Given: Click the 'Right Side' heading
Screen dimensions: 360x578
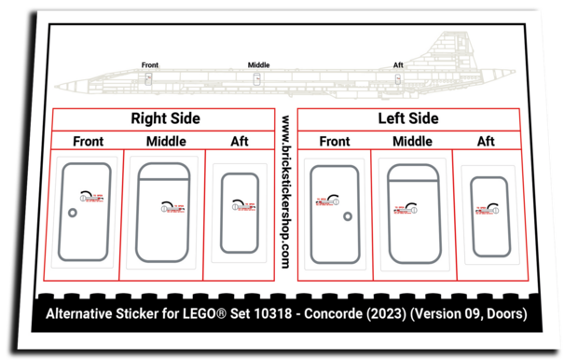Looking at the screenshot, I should [x=166, y=119].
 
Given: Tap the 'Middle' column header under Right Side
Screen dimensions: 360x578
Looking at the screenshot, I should [x=166, y=142].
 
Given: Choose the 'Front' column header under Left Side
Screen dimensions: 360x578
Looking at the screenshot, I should [x=334, y=142].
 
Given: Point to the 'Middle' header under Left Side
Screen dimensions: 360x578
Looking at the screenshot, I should [x=411, y=142].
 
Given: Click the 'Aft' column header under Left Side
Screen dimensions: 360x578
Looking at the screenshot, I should [x=486, y=142].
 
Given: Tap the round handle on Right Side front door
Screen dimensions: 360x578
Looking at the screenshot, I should [x=73, y=213].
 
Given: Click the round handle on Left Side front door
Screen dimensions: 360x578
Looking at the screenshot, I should [x=348, y=216].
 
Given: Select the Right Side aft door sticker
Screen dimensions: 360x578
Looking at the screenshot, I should [x=239, y=212].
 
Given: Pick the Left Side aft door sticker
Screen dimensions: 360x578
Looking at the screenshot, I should [x=490, y=216].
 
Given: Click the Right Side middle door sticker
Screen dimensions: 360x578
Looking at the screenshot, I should [x=166, y=212].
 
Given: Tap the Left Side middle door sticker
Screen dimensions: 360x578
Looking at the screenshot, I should [x=412, y=214].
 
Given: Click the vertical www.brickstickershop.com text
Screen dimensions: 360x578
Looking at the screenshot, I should [x=283, y=190].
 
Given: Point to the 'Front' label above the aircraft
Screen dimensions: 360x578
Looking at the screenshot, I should [x=149, y=64].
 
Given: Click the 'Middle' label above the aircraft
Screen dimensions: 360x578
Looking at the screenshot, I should [x=258, y=64].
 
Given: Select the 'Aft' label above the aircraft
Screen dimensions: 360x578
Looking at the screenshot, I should [x=398, y=64].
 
